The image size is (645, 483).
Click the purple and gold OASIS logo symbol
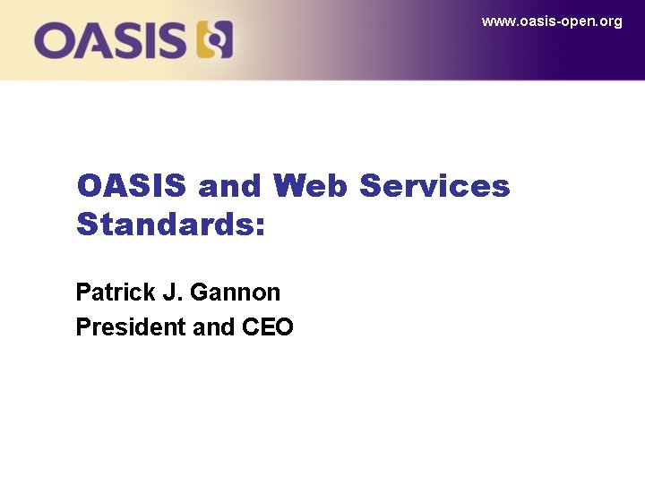pos(215,40)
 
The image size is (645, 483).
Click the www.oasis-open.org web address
pos(551,21)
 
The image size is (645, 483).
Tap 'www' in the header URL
pos(496,21)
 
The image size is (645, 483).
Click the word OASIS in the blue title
pos(132,186)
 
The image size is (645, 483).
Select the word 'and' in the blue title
pos(230,186)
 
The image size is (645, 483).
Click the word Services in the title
pos(434,186)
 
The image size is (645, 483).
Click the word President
pos(131,327)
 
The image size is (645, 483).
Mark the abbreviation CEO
pos(268,327)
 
